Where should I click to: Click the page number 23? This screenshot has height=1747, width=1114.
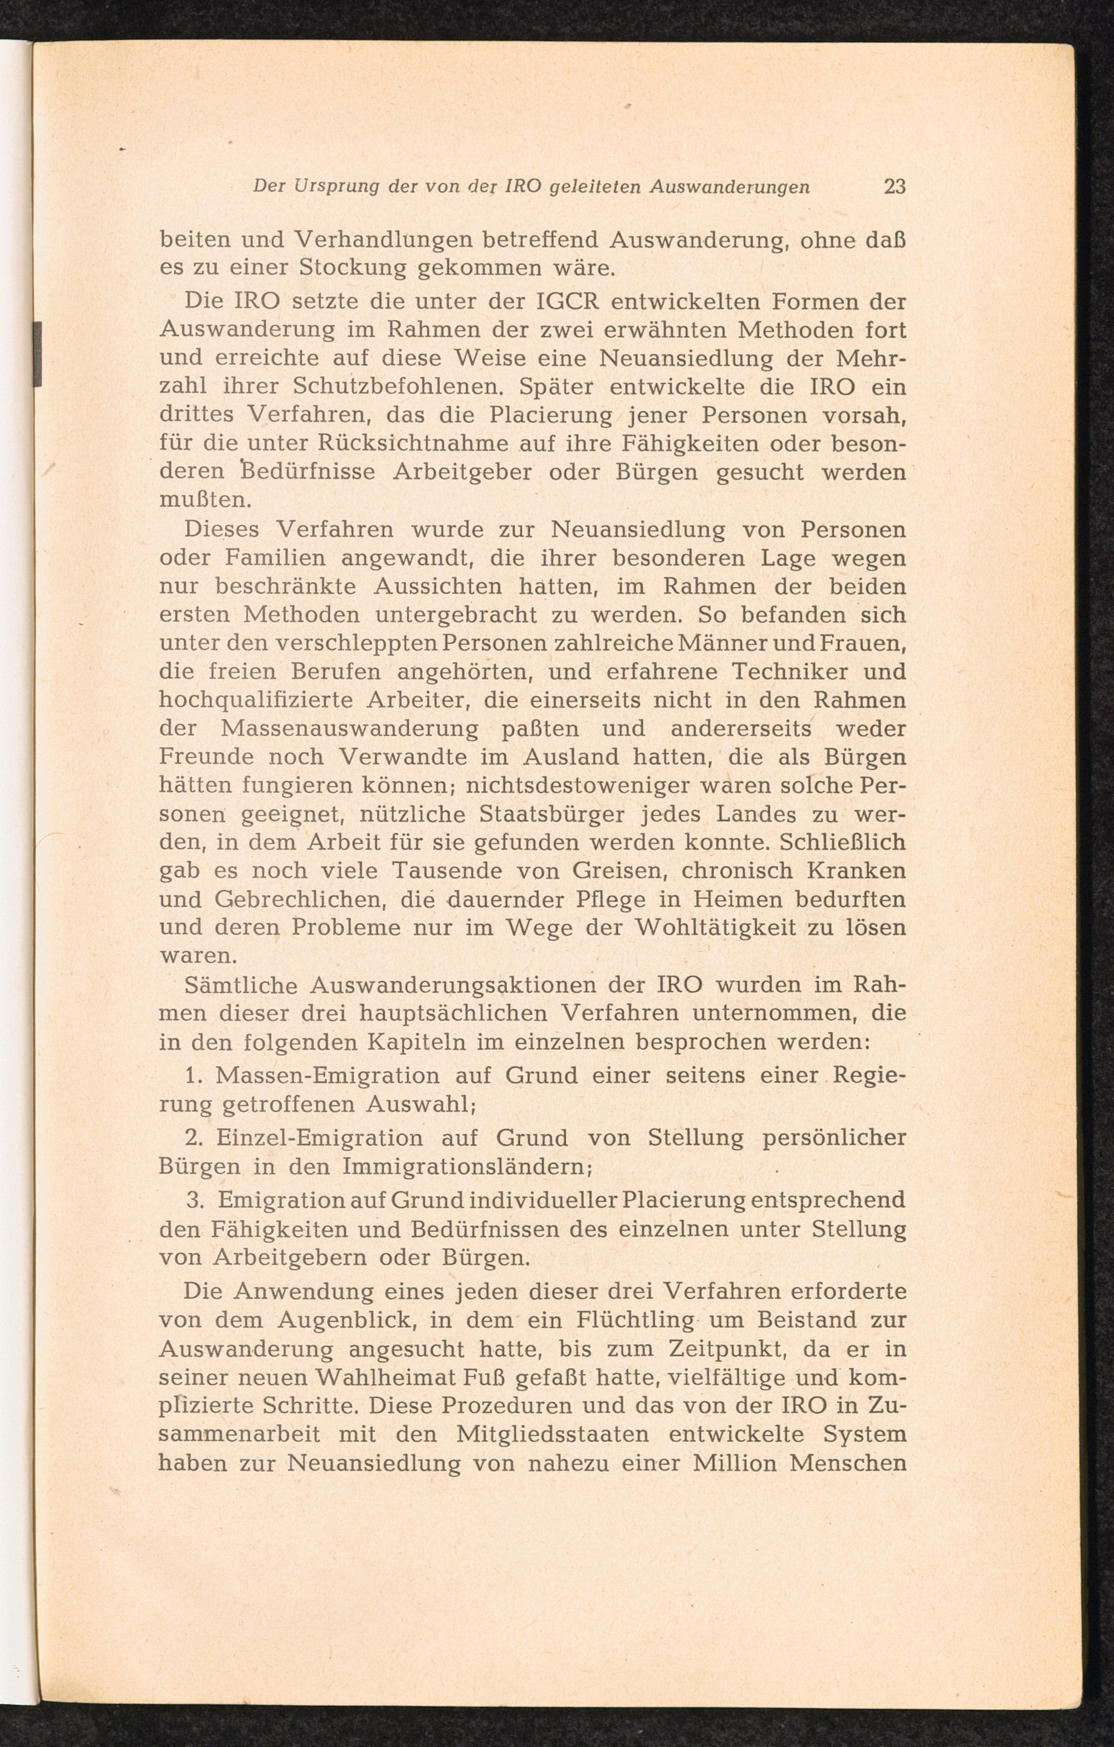(x=894, y=187)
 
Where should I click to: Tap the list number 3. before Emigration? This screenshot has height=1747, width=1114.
(x=194, y=1201)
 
